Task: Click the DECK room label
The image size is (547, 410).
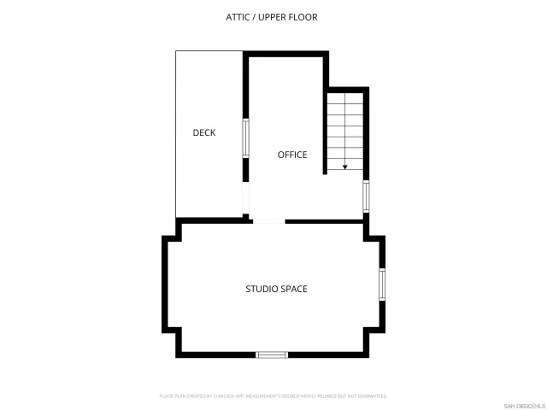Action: click(x=203, y=132)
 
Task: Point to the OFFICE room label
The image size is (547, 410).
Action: click(x=292, y=155)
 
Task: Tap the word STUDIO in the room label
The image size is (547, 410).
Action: click(x=261, y=289)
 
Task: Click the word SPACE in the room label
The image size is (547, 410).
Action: click(x=293, y=289)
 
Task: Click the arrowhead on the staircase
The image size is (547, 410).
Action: click(x=345, y=167)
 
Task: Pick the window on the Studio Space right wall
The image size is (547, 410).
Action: click(x=382, y=284)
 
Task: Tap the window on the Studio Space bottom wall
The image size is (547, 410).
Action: click(x=272, y=354)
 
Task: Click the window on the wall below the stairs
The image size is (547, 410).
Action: click(x=366, y=196)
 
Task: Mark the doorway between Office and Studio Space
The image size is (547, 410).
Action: click(x=268, y=221)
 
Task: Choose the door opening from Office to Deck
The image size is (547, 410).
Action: click(x=245, y=201)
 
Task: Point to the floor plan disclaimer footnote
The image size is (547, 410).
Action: click(x=273, y=396)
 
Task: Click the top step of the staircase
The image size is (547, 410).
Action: click(x=345, y=96)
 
